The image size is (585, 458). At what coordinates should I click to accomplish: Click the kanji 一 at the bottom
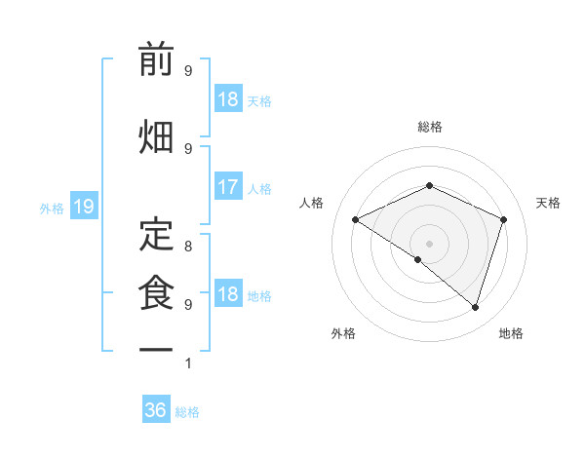click(156, 348)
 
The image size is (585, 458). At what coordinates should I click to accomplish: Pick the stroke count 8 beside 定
click(188, 246)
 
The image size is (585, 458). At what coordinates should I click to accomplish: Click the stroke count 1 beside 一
click(188, 363)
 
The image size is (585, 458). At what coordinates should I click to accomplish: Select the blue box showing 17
click(227, 187)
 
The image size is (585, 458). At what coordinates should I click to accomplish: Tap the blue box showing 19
click(83, 207)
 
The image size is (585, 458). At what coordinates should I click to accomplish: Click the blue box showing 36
click(156, 410)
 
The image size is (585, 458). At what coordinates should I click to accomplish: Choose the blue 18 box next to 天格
click(227, 99)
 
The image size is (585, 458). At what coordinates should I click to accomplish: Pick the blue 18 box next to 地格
click(227, 295)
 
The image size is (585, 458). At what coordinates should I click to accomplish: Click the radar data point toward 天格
click(503, 219)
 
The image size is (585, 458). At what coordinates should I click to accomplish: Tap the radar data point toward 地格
click(475, 307)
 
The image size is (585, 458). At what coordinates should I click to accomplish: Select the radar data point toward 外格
click(417, 259)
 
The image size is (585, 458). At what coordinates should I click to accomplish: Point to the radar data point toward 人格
click(355, 219)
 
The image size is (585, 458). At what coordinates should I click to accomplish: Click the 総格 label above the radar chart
click(429, 127)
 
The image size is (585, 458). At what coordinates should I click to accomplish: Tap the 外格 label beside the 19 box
click(51, 208)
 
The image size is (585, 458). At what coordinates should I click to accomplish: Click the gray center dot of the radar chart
click(429, 243)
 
